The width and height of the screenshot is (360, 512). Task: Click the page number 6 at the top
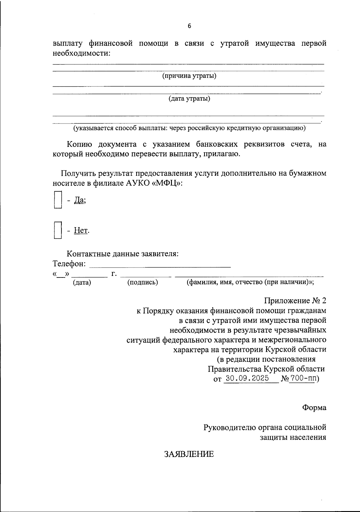(x=189, y=26)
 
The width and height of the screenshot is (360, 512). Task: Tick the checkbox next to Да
(x=58, y=200)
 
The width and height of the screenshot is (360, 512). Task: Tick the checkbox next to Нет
(x=58, y=230)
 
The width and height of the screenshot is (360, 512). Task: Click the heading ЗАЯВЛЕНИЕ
(x=189, y=454)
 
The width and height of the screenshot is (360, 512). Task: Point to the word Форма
(x=314, y=408)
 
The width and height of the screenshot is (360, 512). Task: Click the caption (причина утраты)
(x=189, y=76)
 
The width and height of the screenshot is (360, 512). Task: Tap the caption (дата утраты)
(x=189, y=99)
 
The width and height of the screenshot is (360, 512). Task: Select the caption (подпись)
(x=142, y=282)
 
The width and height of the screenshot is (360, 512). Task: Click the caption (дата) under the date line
(x=82, y=282)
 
